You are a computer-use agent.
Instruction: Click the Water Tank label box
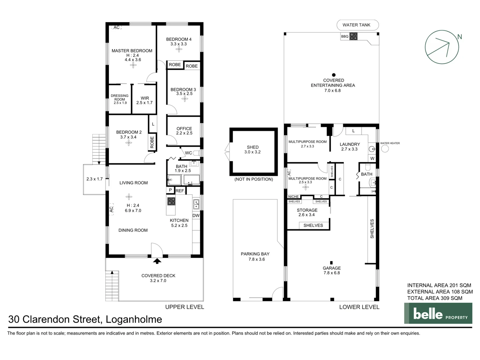point(356,25)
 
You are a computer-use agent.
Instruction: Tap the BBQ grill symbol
point(353,36)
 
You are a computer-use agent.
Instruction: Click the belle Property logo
point(438,313)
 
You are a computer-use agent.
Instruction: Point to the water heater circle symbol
point(385,149)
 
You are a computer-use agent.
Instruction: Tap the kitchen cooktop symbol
point(171,201)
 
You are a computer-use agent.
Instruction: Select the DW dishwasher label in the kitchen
point(196,216)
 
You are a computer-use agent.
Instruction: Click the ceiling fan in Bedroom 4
point(179,49)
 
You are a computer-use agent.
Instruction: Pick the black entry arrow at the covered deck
point(157,261)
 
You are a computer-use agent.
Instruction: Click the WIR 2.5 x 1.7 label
point(144,100)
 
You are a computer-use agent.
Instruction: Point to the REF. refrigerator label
point(180,191)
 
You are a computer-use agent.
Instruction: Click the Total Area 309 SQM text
point(435,298)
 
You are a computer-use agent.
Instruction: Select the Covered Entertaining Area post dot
point(334,75)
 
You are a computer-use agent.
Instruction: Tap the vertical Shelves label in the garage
point(372,229)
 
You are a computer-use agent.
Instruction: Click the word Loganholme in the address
point(134,319)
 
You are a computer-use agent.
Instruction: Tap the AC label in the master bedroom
point(116,27)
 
